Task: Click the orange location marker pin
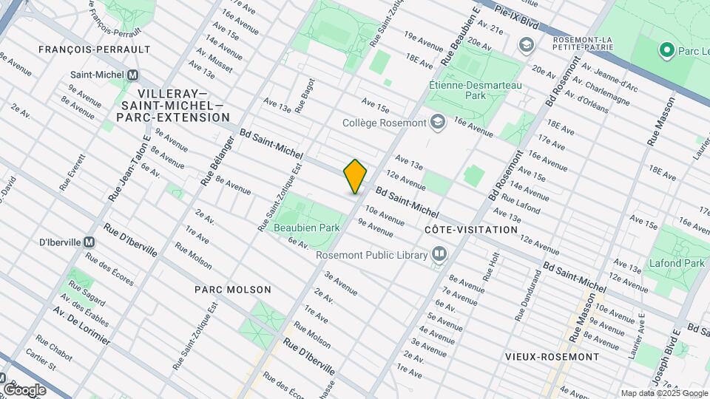356,176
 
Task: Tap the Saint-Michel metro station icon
133,75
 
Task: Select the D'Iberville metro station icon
89,242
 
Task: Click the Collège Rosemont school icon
438,123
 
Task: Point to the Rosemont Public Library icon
439,255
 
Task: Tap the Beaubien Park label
306,228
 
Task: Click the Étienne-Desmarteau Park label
476,90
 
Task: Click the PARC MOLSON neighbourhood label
233,290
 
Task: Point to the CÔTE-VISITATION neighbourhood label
471,230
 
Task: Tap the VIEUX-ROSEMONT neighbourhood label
552,356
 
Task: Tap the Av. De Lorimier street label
81,326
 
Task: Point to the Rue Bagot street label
305,95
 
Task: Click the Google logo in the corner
24,389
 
